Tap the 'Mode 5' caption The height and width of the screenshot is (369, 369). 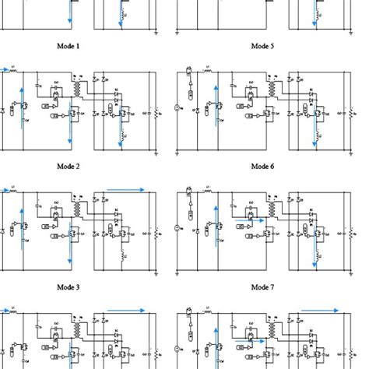click(x=262, y=47)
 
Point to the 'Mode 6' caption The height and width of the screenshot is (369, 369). click(x=262, y=166)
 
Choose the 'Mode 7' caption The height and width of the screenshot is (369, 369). click(x=262, y=286)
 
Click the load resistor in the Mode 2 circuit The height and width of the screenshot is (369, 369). click(x=160, y=113)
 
